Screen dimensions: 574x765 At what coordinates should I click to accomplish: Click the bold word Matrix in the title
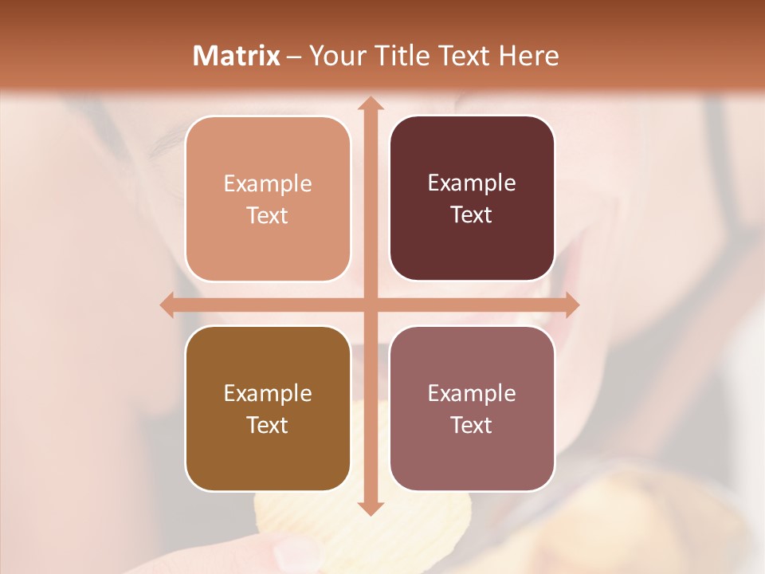[x=237, y=56]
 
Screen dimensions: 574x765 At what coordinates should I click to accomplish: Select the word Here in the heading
[x=528, y=56]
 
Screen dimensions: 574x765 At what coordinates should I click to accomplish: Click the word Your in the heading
[x=335, y=56]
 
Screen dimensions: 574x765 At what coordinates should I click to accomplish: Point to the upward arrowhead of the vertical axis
[x=369, y=104]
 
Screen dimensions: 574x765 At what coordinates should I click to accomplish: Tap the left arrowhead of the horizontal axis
[x=167, y=305]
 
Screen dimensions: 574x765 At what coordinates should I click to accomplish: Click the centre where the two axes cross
[x=369, y=305]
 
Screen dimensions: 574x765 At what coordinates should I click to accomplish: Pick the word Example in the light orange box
[x=268, y=184]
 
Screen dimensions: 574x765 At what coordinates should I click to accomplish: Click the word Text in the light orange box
[x=268, y=215]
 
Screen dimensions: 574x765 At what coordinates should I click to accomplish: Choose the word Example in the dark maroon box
[x=472, y=183]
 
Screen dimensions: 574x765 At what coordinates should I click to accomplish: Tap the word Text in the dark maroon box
[x=472, y=214]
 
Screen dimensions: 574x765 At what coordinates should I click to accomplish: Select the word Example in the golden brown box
[x=268, y=394]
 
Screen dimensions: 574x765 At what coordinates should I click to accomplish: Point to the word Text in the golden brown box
[x=268, y=425]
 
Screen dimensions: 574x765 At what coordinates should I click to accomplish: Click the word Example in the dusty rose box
[x=472, y=394]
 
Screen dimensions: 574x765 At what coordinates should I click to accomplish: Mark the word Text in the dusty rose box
[x=472, y=425]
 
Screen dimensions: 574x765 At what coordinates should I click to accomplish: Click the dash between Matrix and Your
[x=294, y=57]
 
